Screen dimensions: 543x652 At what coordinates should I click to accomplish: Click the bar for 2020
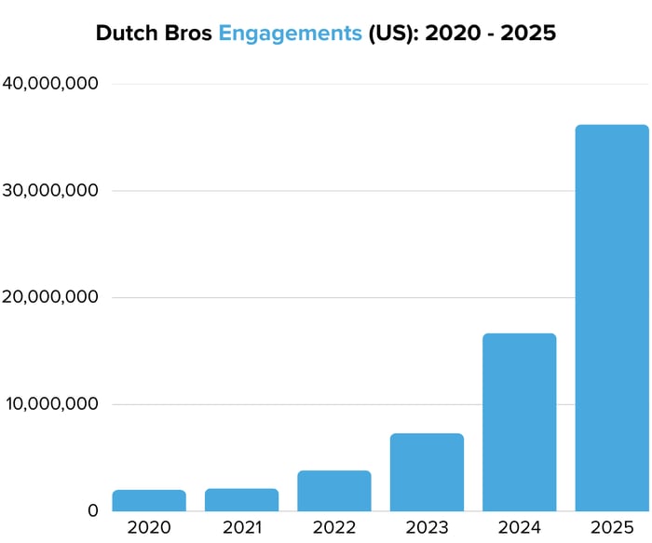tap(149, 501)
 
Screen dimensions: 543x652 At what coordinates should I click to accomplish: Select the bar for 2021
tap(241, 500)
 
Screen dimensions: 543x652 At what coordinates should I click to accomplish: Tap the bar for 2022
tap(334, 491)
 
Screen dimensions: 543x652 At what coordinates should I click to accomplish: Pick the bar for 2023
tap(427, 472)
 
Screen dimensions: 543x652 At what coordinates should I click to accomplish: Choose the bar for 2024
tap(520, 422)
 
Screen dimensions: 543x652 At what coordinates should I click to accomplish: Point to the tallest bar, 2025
tap(612, 318)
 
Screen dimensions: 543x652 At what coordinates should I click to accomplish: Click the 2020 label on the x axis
tap(149, 528)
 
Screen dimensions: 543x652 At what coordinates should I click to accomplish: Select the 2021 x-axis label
tap(241, 528)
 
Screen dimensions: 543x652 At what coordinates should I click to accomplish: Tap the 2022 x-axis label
tap(334, 528)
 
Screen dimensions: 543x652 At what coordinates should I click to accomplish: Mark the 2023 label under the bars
tap(427, 528)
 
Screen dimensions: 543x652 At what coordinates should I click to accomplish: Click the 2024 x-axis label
tap(520, 528)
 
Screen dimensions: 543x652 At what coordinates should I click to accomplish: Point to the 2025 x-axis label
tap(612, 528)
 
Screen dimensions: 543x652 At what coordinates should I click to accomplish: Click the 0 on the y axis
tap(92, 511)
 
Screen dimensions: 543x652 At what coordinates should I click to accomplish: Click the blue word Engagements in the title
tap(290, 34)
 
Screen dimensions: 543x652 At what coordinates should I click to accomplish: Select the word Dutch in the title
tap(127, 34)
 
